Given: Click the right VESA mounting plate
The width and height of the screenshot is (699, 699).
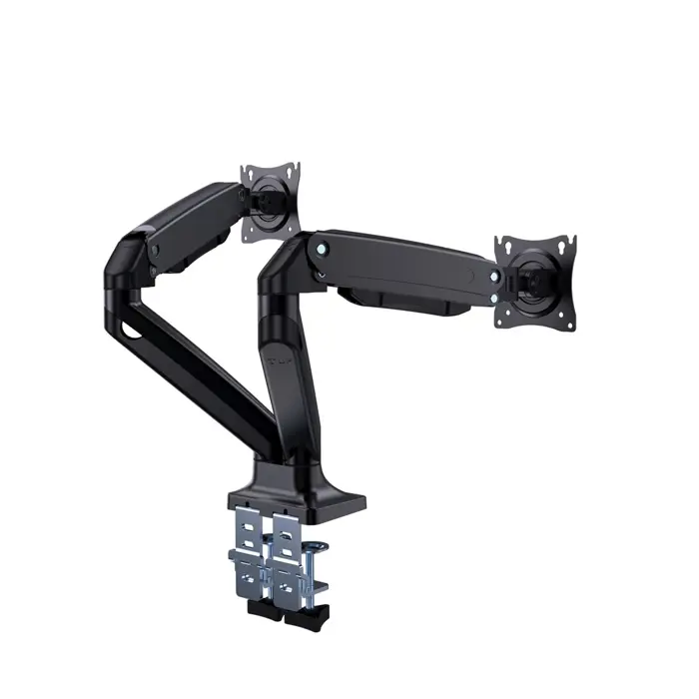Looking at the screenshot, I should coord(536,282).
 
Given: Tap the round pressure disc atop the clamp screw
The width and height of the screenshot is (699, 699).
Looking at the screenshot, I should coord(318,548).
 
